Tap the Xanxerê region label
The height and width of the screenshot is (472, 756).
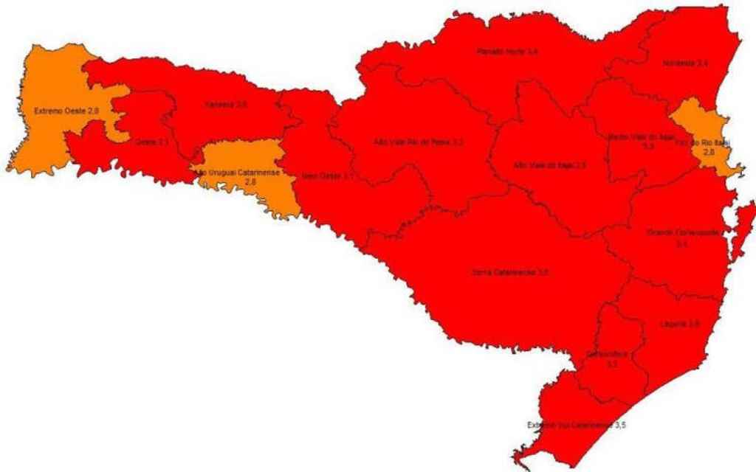click(x=227, y=105)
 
